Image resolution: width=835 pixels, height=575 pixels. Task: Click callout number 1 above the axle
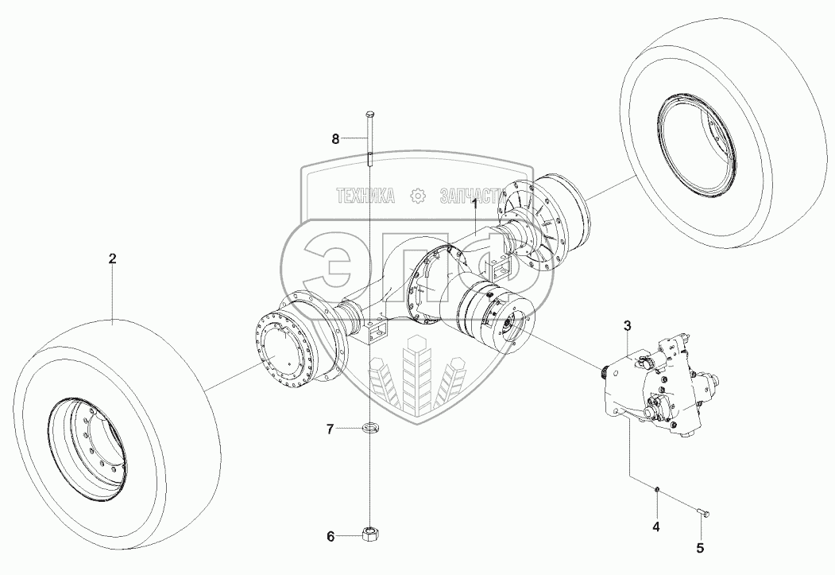click(475, 204)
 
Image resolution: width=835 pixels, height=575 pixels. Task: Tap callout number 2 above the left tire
click(112, 258)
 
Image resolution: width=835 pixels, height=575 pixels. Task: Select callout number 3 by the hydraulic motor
click(627, 325)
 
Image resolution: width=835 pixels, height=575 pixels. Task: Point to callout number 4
click(655, 526)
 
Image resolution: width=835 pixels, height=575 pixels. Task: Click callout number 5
click(700, 547)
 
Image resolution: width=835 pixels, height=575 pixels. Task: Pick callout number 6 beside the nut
click(331, 536)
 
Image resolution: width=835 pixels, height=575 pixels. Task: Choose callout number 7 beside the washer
click(330, 429)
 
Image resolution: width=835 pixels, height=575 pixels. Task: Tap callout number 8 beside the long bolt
click(335, 139)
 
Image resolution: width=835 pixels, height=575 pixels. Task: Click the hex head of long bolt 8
click(369, 116)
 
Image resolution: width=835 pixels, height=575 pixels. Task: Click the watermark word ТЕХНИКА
click(366, 196)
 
